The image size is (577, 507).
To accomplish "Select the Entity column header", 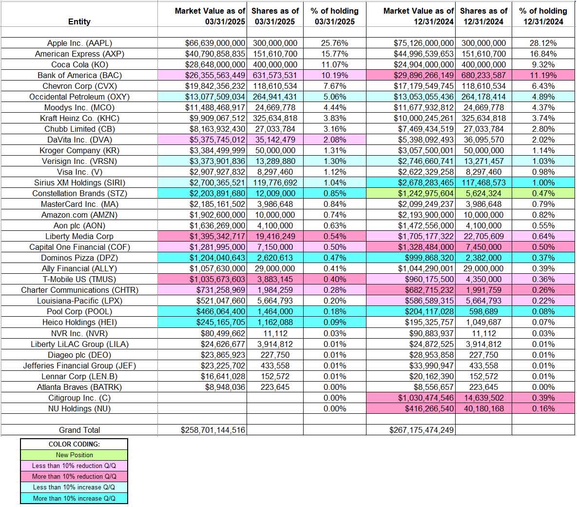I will pyautogui.click(x=79, y=21).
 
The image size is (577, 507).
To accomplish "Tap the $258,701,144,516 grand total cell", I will pyautogui.click(x=213, y=430).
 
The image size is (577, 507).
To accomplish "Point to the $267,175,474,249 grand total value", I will pyautogui.click(x=422, y=430).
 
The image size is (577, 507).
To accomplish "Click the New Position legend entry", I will pyautogui.click(x=74, y=455).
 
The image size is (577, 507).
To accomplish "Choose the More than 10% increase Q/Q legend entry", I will pyautogui.click(x=74, y=498).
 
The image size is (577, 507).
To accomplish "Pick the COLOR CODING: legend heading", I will pyautogui.click(x=74, y=444).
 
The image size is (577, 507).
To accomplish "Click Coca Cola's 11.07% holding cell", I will pyautogui.click(x=334, y=64).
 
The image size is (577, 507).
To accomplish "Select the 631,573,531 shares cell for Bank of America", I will pyautogui.click(x=275, y=75).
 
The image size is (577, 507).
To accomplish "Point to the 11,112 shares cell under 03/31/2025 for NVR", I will pyautogui.click(x=275, y=333).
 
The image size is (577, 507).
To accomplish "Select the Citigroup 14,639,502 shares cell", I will pyautogui.click(x=483, y=398).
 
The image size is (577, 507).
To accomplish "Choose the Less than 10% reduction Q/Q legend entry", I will pyautogui.click(x=74, y=466).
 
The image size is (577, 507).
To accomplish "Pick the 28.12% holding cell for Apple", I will pyautogui.click(x=543, y=43).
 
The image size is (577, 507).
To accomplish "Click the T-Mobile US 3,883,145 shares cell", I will pyautogui.click(x=275, y=279).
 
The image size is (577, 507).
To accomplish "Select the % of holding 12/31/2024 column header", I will pyautogui.click(x=543, y=16).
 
